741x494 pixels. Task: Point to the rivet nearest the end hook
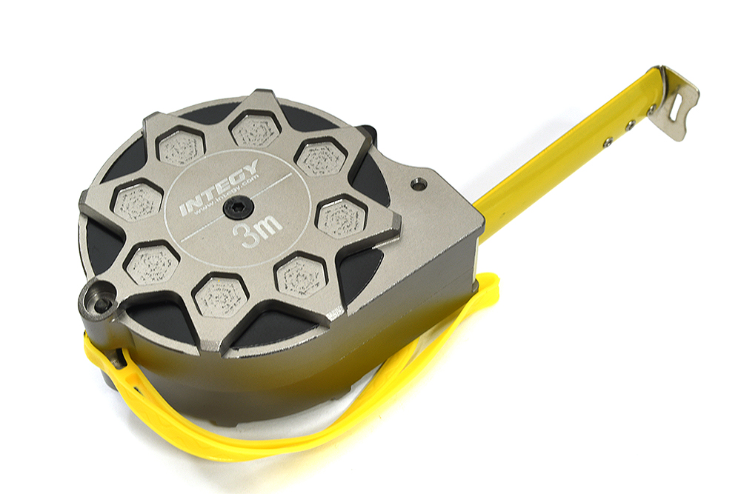(650, 110)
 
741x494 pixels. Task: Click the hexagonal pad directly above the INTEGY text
(182, 147)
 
